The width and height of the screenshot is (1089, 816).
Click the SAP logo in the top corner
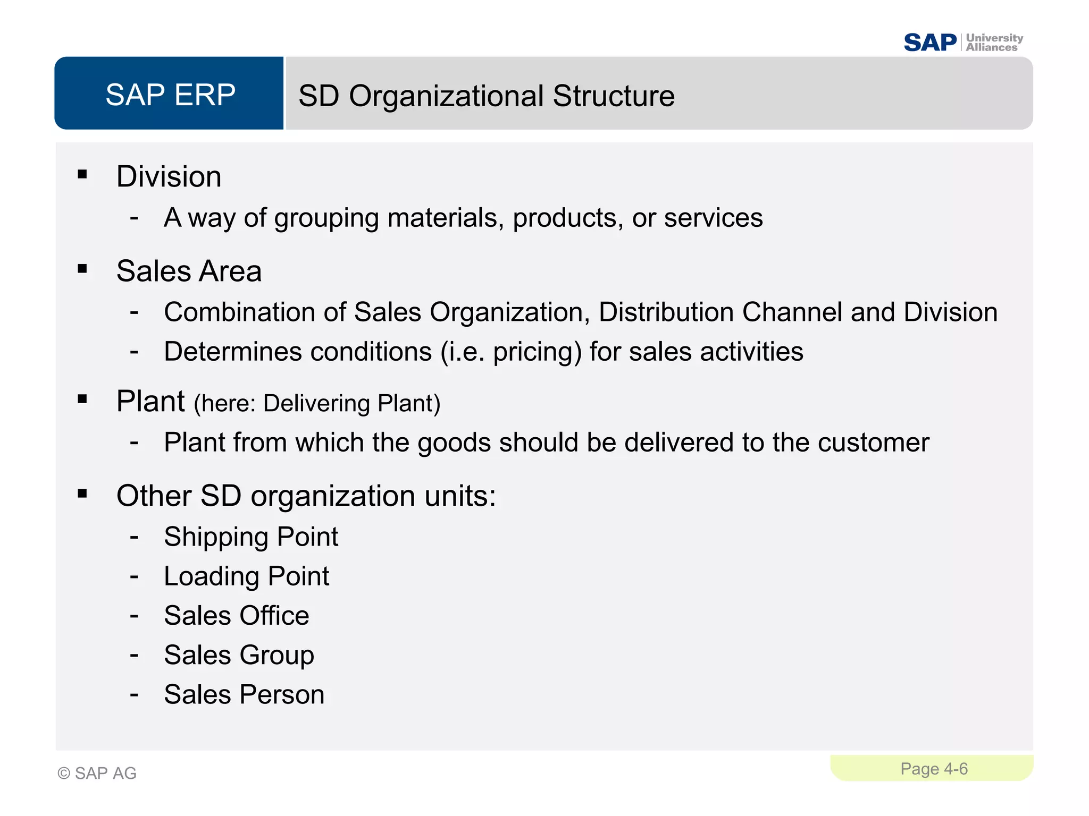click(930, 42)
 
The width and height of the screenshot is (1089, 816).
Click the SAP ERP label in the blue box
click(170, 95)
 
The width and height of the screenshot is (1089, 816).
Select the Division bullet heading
click(169, 176)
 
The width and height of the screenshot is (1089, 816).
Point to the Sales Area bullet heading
click(189, 271)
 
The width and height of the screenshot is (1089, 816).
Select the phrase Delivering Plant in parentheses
click(351, 403)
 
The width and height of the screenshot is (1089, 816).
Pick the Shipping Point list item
click(251, 537)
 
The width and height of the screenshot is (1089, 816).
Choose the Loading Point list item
click(246, 576)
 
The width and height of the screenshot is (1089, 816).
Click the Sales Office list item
click(237, 616)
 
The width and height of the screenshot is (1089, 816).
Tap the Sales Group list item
click(239, 655)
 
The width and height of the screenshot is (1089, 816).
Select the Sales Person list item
click(244, 694)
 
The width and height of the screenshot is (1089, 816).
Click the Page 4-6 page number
click(934, 769)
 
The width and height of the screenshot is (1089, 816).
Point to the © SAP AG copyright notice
click(97, 773)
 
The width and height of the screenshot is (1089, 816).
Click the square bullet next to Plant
click(82, 399)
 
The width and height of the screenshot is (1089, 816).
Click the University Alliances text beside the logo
click(994, 42)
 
